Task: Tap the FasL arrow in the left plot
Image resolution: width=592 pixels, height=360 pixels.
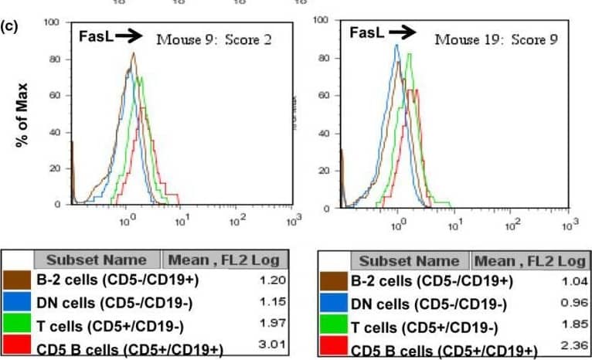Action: [x=126, y=35]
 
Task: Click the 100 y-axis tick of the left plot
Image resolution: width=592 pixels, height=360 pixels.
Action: [x=53, y=22]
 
